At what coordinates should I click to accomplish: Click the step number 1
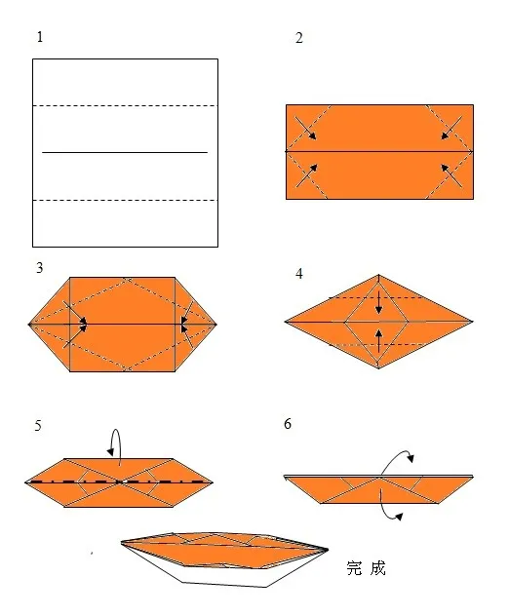coord(40,37)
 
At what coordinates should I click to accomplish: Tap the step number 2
coord(299,38)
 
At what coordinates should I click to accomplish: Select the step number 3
coord(39,268)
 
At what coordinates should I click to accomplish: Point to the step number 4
coord(299,274)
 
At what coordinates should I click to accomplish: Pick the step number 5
coord(38,426)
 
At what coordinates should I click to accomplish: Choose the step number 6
coord(288,424)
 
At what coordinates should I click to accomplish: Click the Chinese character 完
coord(354,568)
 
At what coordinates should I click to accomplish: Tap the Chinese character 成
coord(377,568)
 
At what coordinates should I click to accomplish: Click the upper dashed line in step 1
coord(125,105)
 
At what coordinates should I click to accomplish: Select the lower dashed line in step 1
coord(125,201)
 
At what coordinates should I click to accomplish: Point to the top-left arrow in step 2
coord(306,128)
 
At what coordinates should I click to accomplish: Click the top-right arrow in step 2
coord(451,128)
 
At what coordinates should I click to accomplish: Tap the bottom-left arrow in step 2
coord(306,175)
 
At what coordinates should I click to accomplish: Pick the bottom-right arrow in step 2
coord(451,175)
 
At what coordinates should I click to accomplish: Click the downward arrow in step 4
coord(378,302)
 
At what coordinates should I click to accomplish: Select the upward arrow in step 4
coord(378,340)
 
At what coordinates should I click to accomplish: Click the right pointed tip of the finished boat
coord(328,549)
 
